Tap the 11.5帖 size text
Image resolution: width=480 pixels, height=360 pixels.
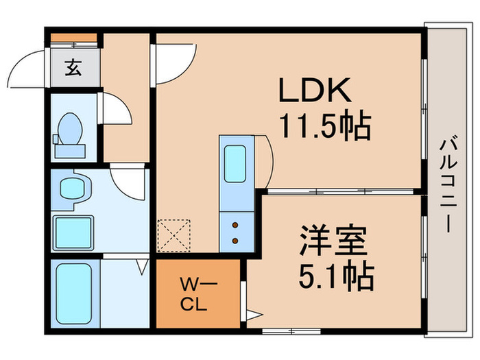coord(324,126)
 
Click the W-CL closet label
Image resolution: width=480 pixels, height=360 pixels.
coord(199,293)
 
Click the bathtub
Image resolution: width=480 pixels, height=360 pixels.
coord(74,293)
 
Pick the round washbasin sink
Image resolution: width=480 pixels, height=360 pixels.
coord(71,187)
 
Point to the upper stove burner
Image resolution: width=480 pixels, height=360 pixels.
coord(237,224)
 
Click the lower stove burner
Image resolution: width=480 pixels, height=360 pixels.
coord(237,241)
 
